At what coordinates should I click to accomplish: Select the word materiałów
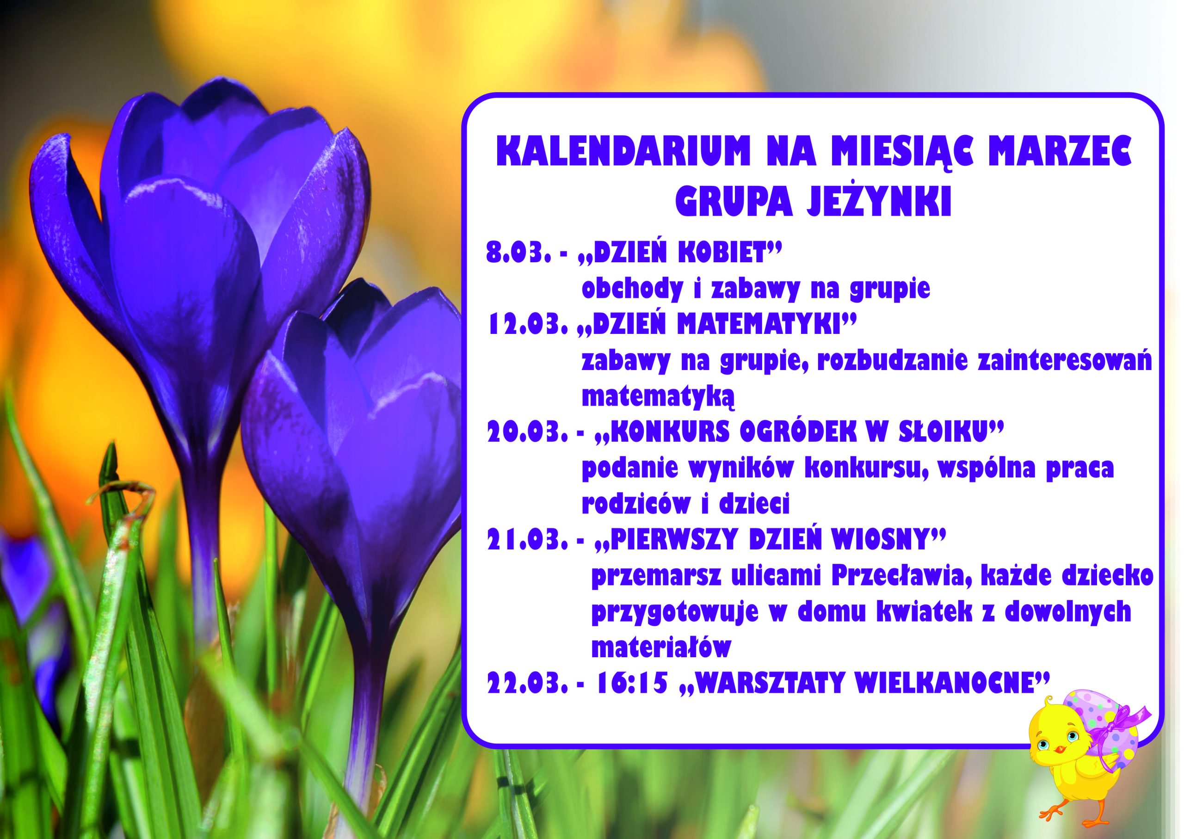coord(662,648)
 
